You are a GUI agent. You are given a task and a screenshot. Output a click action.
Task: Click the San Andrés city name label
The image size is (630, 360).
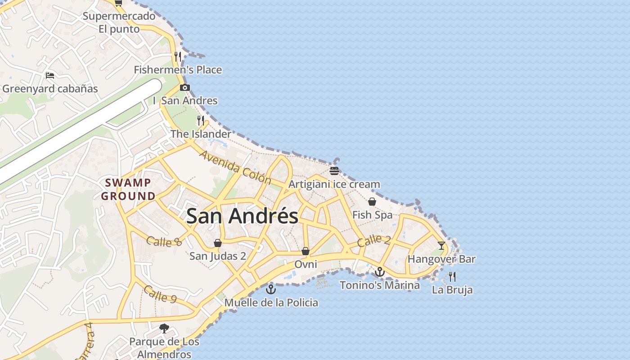pyautogui.click(x=242, y=216)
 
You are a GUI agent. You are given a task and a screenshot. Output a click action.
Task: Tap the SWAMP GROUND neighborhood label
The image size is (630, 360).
pyautogui.click(x=128, y=189)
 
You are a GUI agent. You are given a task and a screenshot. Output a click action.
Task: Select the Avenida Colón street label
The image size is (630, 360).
pyautogui.click(x=235, y=168)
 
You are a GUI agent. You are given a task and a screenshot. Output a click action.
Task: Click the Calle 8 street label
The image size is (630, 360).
pyautogui.click(x=164, y=242)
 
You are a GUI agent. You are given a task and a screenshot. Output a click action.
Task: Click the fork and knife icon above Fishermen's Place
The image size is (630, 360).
pyautogui.click(x=178, y=56)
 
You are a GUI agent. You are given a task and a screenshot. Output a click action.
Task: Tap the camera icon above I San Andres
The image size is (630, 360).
pyautogui.click(x=184, y=87)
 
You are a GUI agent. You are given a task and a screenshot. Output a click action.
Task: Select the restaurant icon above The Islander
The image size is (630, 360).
pyautogui.click(x=201, y=121)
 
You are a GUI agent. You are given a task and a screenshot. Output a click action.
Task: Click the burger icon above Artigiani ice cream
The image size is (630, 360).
pyautogui.click(x=334, y=171)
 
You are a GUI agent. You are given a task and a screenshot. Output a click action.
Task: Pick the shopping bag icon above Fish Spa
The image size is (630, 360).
pyautogui.click(x=372, y=202)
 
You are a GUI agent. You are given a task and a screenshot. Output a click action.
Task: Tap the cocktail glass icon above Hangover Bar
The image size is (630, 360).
pyautogui.click(x=441, y=246)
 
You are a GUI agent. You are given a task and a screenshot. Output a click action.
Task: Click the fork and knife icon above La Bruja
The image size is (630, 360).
pyautogui.click(x=452, y=276)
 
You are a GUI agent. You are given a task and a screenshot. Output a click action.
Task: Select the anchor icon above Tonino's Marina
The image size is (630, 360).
pyautogui.click(x=380, y=272)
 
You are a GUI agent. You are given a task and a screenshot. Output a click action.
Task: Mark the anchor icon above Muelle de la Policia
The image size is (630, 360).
pyautogui.click(x=270, y=289)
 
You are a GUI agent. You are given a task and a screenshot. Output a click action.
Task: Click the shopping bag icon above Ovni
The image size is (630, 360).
pyautogui.click(x=306, y=251)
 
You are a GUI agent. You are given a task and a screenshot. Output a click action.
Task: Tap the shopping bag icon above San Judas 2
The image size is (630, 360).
pyautogui.click(x=218, y=243)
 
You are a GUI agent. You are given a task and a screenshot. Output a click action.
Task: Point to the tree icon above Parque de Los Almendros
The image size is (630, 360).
pyautogui.click(x=164, y=328)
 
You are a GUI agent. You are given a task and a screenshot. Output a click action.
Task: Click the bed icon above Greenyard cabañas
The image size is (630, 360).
pyautogui.click(x=50, y=75)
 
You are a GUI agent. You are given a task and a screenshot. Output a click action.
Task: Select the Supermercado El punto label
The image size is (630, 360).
pyautogui.click(x=119, y=22)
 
